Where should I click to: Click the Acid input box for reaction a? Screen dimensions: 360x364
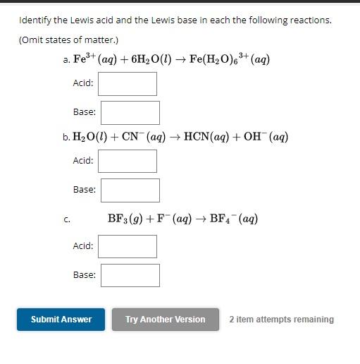click(128, 84)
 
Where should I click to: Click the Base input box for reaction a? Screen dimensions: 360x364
click(130, 113)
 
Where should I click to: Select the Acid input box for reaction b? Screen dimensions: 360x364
click(128, 161)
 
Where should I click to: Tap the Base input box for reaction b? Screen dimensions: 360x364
click(130, 190)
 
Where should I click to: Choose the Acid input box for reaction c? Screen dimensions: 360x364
click(128, 246)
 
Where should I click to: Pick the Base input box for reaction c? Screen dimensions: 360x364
click(130, 275)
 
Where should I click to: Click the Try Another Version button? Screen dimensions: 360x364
click(166, 320)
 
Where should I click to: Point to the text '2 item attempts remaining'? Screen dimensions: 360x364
click(281, 320)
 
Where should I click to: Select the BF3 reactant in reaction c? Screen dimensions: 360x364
click(118, 219)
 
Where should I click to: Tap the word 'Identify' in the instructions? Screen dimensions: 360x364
click(35, 20)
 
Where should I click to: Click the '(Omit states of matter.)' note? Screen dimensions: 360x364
click(68, 40)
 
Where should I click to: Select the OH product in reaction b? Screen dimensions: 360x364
click(253, 138)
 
